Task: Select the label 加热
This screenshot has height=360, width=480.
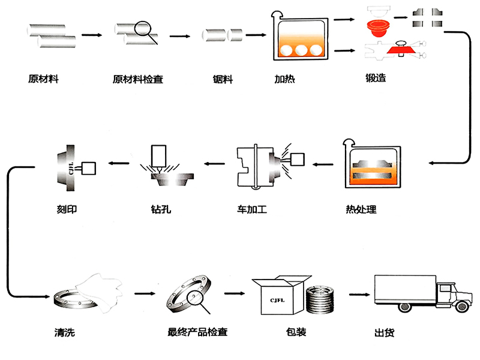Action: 285,79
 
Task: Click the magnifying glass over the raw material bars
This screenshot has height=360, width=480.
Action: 143,28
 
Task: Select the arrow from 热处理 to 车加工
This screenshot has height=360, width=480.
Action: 325,162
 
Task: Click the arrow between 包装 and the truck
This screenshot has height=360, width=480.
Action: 358,294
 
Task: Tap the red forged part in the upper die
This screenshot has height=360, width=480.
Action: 379,28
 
